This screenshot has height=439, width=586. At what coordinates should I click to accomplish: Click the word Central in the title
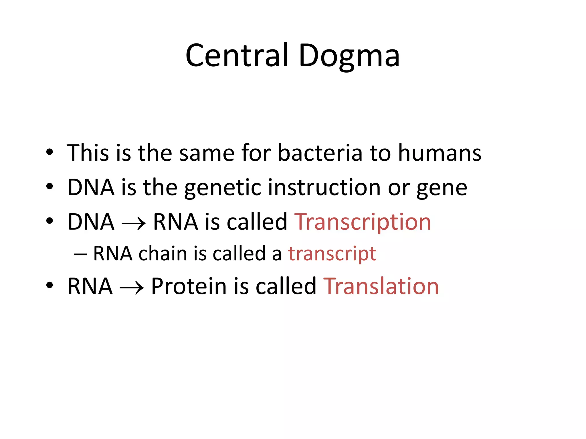[x=236, y=55]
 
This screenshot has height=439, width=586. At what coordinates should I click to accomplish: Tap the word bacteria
[x=320, y=153]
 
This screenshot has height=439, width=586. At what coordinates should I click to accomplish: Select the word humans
[x=440, y=153]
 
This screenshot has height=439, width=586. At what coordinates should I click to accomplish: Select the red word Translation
[x=381, y=286]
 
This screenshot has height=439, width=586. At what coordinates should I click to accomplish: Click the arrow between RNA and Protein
[x=132, y=288]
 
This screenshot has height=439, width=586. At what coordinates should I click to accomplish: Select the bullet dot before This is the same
[x=50, y=152]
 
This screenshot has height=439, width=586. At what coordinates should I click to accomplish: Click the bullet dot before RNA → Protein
[x=50, y=286]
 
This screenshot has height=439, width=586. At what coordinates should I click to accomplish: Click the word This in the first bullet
[x=88, y=153]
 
